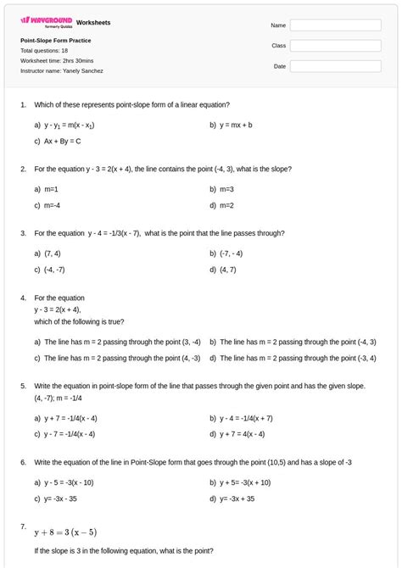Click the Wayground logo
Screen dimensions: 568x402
pos(46,20)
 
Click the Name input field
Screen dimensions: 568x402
pos(335,25)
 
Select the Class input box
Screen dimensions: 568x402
pos(335,46)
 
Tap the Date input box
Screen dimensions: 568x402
pos(335,66)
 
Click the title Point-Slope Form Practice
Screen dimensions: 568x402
pos(56,41)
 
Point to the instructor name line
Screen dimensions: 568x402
pos(62,71)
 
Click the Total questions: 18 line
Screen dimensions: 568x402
pos(44,51)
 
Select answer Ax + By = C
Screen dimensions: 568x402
pos(63,141)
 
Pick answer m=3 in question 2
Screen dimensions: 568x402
pos(226,189)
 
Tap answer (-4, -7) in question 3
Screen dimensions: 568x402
pos(56,270)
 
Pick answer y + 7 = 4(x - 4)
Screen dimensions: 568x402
pos(242,434)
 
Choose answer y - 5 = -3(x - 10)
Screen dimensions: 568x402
pos(69,482)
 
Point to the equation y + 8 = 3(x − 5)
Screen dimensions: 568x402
pos(65,532)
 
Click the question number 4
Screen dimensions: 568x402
pos(23,298)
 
